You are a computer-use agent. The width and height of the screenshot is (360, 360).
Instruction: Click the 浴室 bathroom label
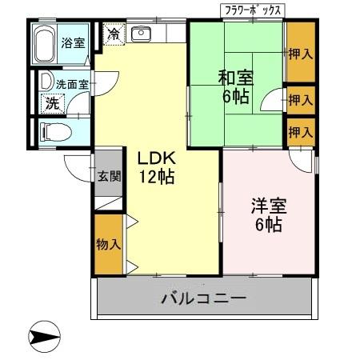point(74,42)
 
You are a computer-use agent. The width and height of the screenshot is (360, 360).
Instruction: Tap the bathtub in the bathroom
point(46,45)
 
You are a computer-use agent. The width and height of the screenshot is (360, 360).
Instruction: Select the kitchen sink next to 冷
point(142,34)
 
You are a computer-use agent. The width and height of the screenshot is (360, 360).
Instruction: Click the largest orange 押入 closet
point(301,54)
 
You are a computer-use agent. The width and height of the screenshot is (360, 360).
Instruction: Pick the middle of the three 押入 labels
point(301,101)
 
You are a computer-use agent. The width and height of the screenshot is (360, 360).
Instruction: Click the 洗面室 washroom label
point(71,83)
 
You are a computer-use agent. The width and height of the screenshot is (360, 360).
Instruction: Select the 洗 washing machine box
point(51,102)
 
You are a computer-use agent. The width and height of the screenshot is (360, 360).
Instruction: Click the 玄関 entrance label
point(109,177)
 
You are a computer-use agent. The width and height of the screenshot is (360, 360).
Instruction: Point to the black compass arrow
point(45,336)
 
